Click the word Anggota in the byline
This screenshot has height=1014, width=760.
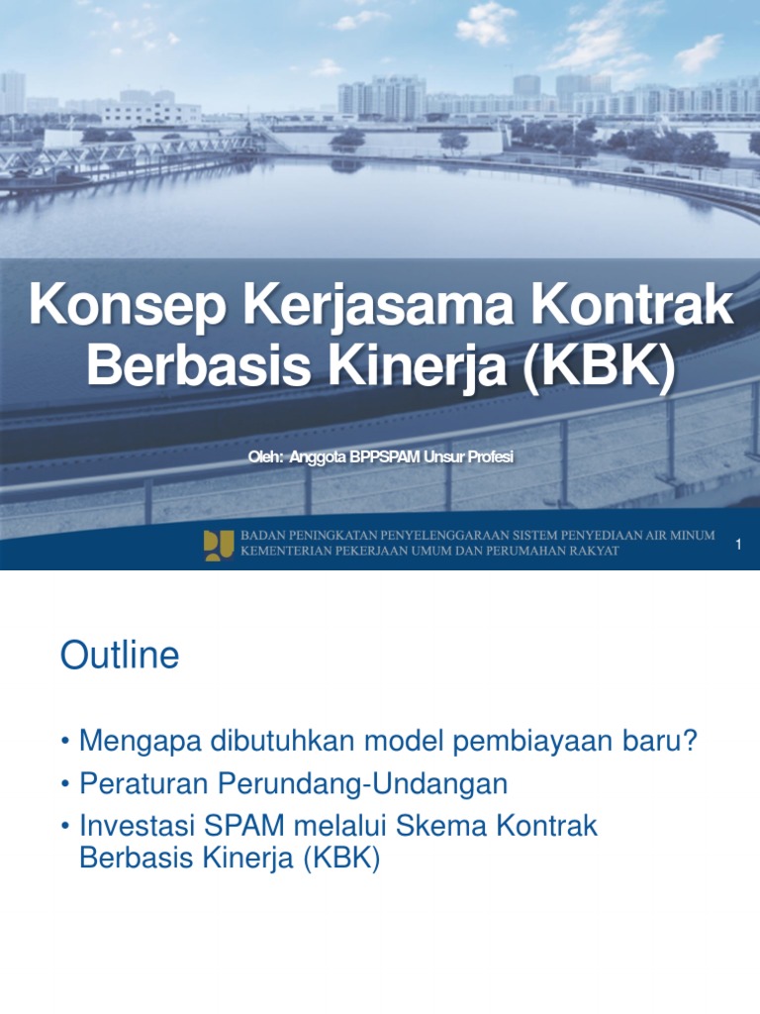coord(316,457)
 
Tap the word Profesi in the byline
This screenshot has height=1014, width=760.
coord(490,457)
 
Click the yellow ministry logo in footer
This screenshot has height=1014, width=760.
coord(218,545)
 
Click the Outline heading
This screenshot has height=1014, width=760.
coord(120,656)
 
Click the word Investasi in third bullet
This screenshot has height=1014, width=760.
coord(137,826)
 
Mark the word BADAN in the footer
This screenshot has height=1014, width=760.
coord(262,536)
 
